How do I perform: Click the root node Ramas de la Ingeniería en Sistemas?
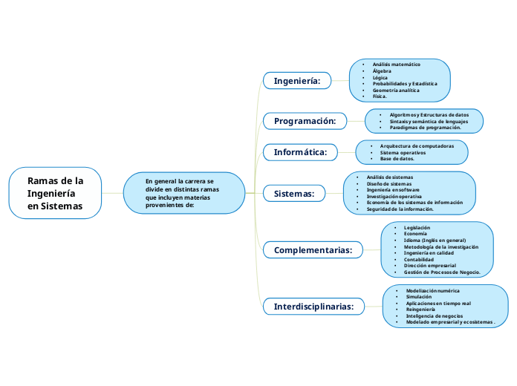pyautogui.click(x=55, y=193)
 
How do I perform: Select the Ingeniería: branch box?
pyautogui.click(x=297, y=80)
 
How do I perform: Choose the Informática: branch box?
pyautogui.click(x=300, y=152)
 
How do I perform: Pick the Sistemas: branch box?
pyautogui.click(x=294, y=194)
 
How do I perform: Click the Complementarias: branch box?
pyautogui.click(x=313, y=250)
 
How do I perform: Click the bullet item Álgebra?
pyautogui.click(x=382, y=71)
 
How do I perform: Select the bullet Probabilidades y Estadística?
pyautogui.click(x=405, y=84)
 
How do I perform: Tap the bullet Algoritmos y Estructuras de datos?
pyautogui.click(x=429, y=115)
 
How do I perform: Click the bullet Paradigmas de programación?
pyautogui.click(x=425, y=127)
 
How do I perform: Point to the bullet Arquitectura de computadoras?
pyautogui.click(x=417, y=146)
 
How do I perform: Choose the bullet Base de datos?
pyautogui.click(x=397, y=159)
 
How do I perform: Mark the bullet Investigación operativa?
pyautogui.click(x=394, y=197)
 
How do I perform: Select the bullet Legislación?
pyautogui.click(x=417, y=227)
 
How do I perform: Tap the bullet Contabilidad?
pyautogui.click(x=418, y=259)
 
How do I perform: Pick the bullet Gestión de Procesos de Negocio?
pyautogui.click(x=441, y=272)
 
